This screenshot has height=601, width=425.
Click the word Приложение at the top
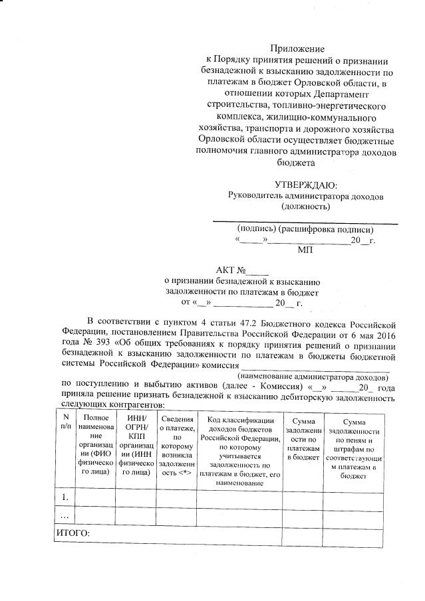(x=297, y=48)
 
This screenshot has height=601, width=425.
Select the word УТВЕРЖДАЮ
(x=305, y=185)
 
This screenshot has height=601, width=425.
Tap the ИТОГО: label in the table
(x=73, y=533)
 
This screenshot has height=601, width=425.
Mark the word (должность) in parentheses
(x=305, y=207)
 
